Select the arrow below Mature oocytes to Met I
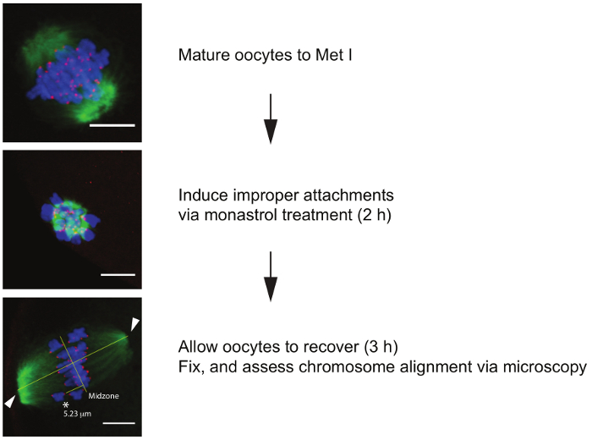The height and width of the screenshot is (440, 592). click(270, 118)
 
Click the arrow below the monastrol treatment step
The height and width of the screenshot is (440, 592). click(270, 276)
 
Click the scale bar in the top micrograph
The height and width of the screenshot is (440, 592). click(118, 125)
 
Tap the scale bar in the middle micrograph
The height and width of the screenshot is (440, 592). click(119, 273)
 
